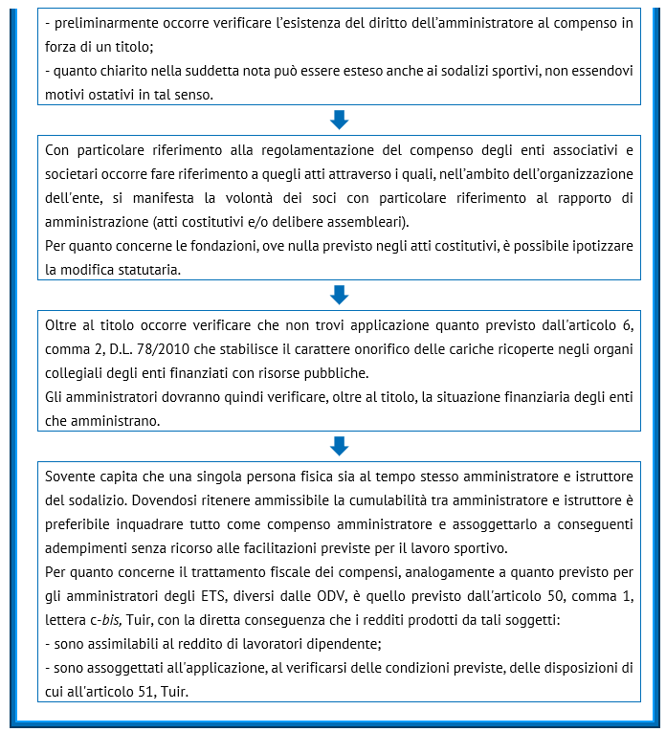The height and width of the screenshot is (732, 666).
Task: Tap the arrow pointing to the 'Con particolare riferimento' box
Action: pyautogui.click(x=339, y=120)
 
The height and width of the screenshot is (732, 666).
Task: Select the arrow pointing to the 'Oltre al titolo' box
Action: pyautogui.click(x=339, y=294)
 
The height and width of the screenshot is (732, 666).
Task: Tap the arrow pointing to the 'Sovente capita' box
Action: pyautogui.click(x=339, y=445)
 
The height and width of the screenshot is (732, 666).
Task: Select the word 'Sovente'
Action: pyautogui.click(x=72, y=477)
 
